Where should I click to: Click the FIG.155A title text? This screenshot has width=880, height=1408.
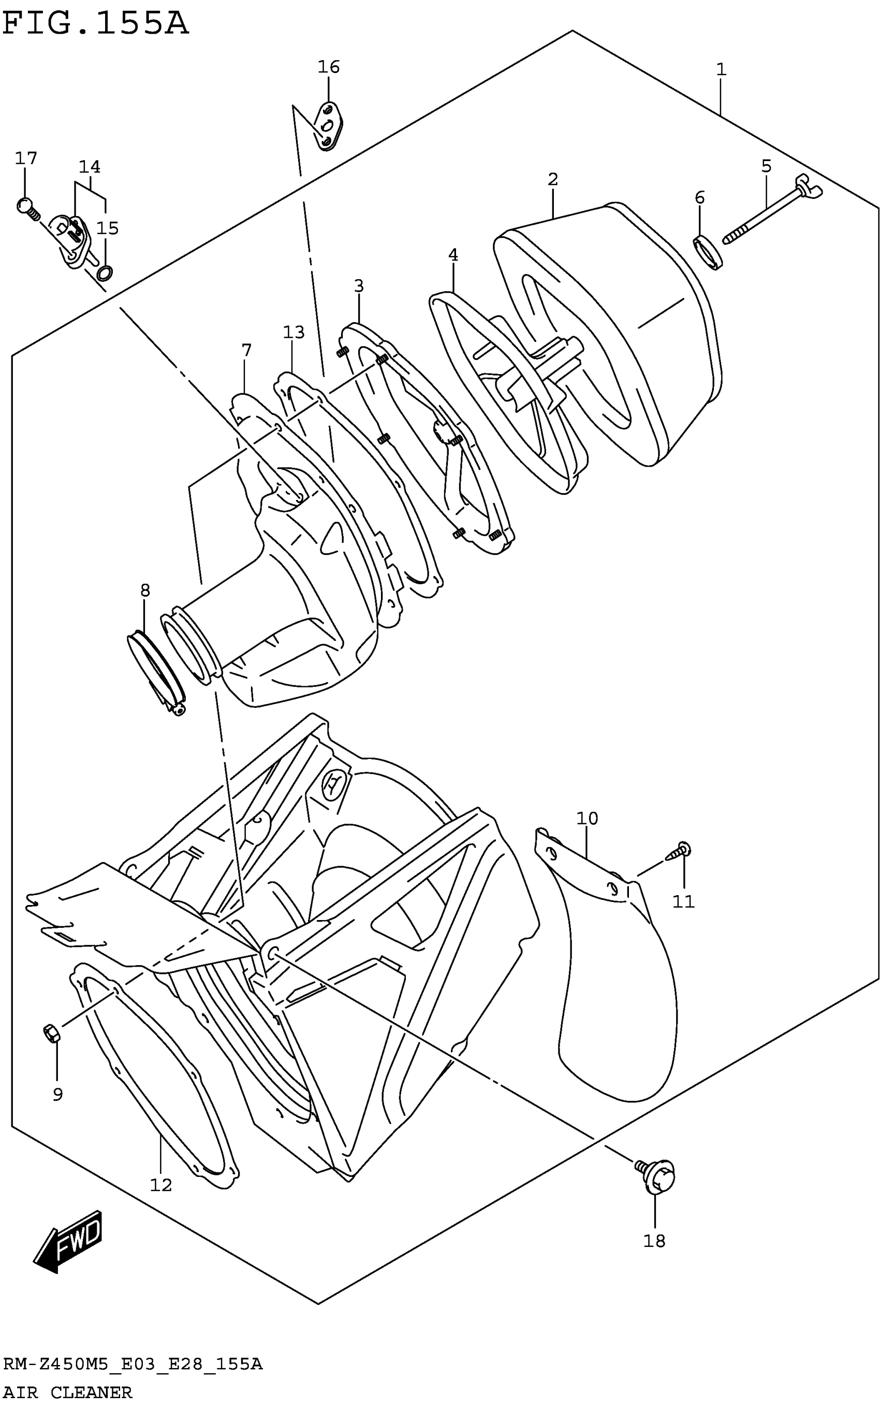[x=95, y=24]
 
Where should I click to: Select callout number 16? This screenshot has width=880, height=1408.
[x=328, y=67]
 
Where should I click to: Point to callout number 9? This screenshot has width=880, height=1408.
[x=57, y=1095]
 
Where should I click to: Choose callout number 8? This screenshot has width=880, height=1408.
[x=145, y=591]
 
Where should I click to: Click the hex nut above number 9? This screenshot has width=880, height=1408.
[x=52, y=1033]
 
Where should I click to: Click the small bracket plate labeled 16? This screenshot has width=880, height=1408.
[x=329, y=126]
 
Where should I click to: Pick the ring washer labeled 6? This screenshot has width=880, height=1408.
[x=708, y=252]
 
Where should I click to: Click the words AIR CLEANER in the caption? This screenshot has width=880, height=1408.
[x=67, y=1392]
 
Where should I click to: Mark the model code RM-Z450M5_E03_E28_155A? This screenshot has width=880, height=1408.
[x=133, y=1364]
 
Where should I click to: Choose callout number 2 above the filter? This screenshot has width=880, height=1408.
[x=552, y=179]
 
